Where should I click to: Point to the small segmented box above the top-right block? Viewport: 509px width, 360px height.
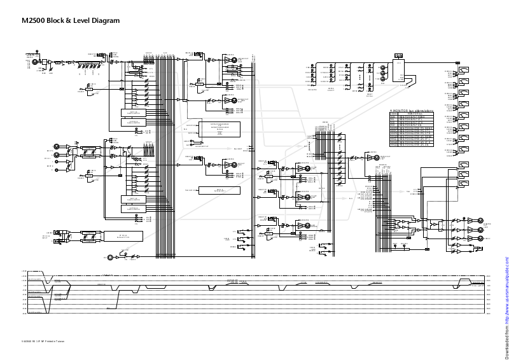400,57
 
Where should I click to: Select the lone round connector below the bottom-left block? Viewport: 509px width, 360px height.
111,257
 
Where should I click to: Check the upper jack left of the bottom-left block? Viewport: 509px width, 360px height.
56,232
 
